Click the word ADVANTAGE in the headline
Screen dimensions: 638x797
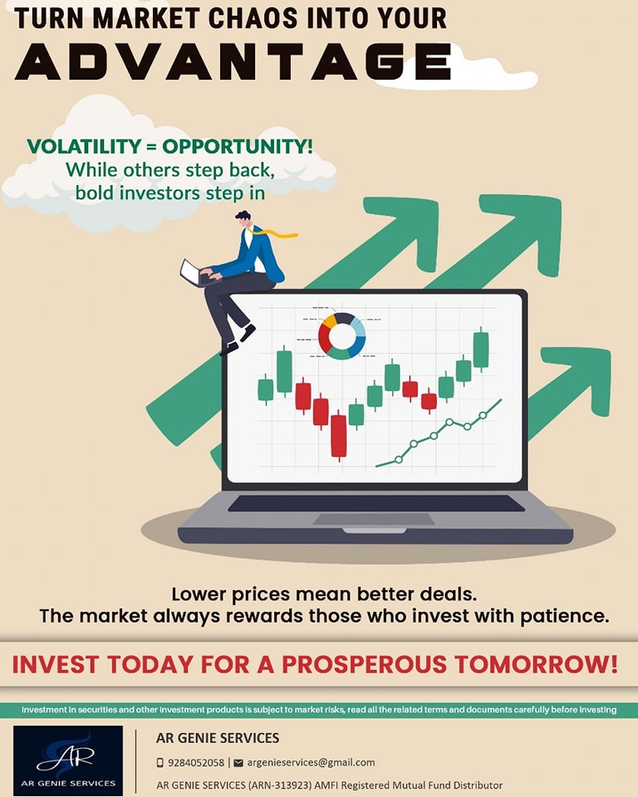[x=233, y=61]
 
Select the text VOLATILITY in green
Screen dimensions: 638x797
[x=84, y=146]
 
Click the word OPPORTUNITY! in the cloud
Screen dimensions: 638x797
[x=238, y=146]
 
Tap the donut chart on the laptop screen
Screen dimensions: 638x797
[x=342, y=336]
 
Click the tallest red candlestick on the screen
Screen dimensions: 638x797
[x=338, y=436]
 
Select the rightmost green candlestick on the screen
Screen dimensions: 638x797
[x=481, y=348]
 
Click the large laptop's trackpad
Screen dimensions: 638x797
[x=374, y=519]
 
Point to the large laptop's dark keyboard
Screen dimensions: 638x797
[x=376, y=503]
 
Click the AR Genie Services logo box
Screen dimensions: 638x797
[x=68, y=760]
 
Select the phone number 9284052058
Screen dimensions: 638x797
[x=196, y=762]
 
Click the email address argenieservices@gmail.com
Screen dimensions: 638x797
[x=311, y=762]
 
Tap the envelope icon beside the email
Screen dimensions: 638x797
[x=238, y=762]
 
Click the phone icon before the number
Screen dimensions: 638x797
[x=160, y=762]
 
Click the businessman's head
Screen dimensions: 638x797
[x=244, y=219]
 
